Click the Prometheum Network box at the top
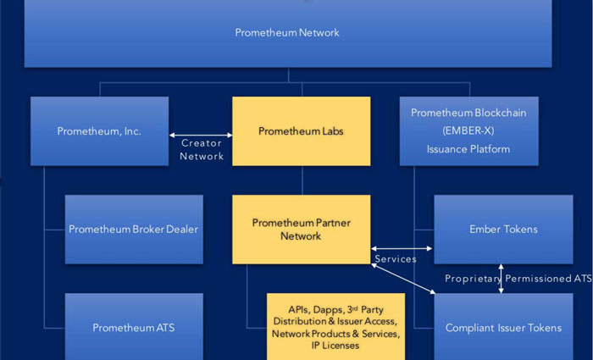(x=287, y=33)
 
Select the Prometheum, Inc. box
(x=99, y=131)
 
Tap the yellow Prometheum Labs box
(x=301, y=131)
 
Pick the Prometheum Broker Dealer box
(x=134, y=229)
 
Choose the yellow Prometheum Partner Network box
(x=301, y=229)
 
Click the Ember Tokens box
(x=503, y=229)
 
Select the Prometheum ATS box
(x=134, y=327)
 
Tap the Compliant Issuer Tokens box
(x=503, y=328)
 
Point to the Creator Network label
(x=202, y=150)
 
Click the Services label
(x=395, y=259)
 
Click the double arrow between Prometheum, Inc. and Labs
(x=201, y=135)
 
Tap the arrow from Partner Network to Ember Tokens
(x=402, y=248)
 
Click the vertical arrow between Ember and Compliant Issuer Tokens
(x=501, y=279)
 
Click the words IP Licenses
(x=335, y=346)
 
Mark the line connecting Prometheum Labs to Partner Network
(x=301, y=180)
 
